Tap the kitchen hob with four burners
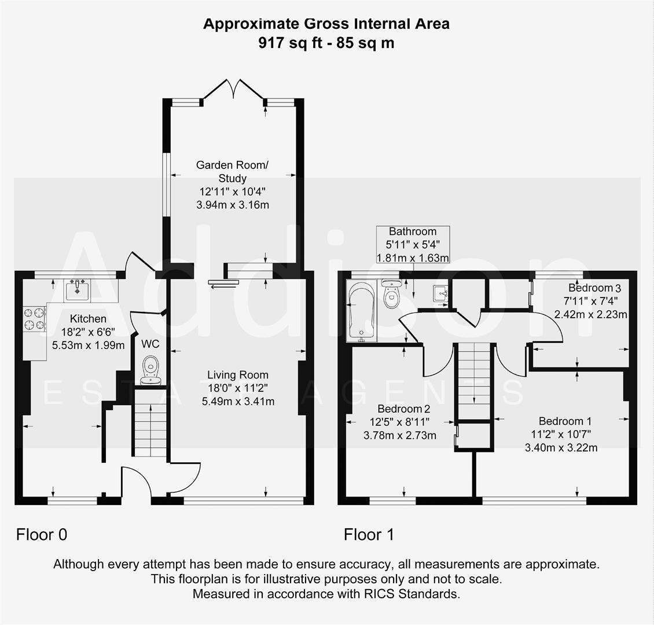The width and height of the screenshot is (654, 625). (34, 319)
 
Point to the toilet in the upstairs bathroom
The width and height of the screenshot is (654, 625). (392, 295)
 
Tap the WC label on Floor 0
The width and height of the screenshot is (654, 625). (150, 344)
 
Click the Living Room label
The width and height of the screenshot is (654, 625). (238, 375)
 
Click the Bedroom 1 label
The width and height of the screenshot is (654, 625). (565, 421)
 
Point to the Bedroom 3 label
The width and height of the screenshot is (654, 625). (594, 288)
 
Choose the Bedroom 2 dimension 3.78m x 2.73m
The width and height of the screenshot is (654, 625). (400, 435)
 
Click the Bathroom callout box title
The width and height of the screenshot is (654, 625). (412, 231)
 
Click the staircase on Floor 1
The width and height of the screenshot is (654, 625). (475, 379)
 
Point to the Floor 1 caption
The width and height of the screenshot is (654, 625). (369, 535)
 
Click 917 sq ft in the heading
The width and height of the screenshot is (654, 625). (287, 42)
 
